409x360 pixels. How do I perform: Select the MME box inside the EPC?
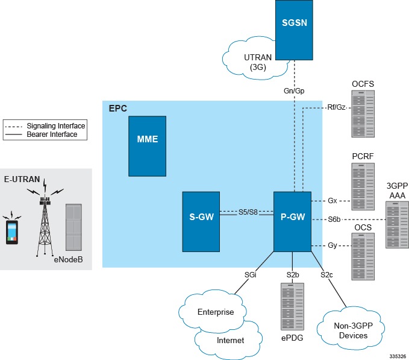pos(147,139)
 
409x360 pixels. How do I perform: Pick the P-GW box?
pos(292,221)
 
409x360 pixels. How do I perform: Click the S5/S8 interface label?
pos(246,212)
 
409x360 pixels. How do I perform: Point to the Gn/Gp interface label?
pos(293,90)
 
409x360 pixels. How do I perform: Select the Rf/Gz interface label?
pos(336,107)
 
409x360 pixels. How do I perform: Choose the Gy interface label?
pos(333,245)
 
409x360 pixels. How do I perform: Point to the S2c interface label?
pos(327,275)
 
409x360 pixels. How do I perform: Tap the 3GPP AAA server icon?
pos(396,224)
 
